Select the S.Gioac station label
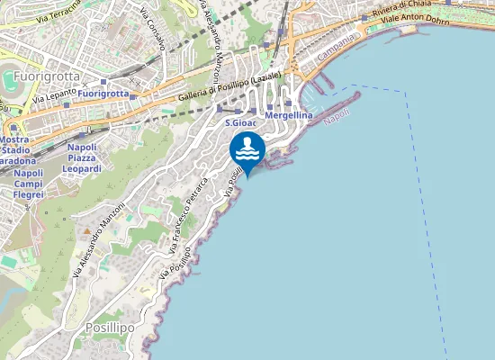240,122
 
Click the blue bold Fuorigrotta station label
103,94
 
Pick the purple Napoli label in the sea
337,117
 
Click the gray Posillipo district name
109,328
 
